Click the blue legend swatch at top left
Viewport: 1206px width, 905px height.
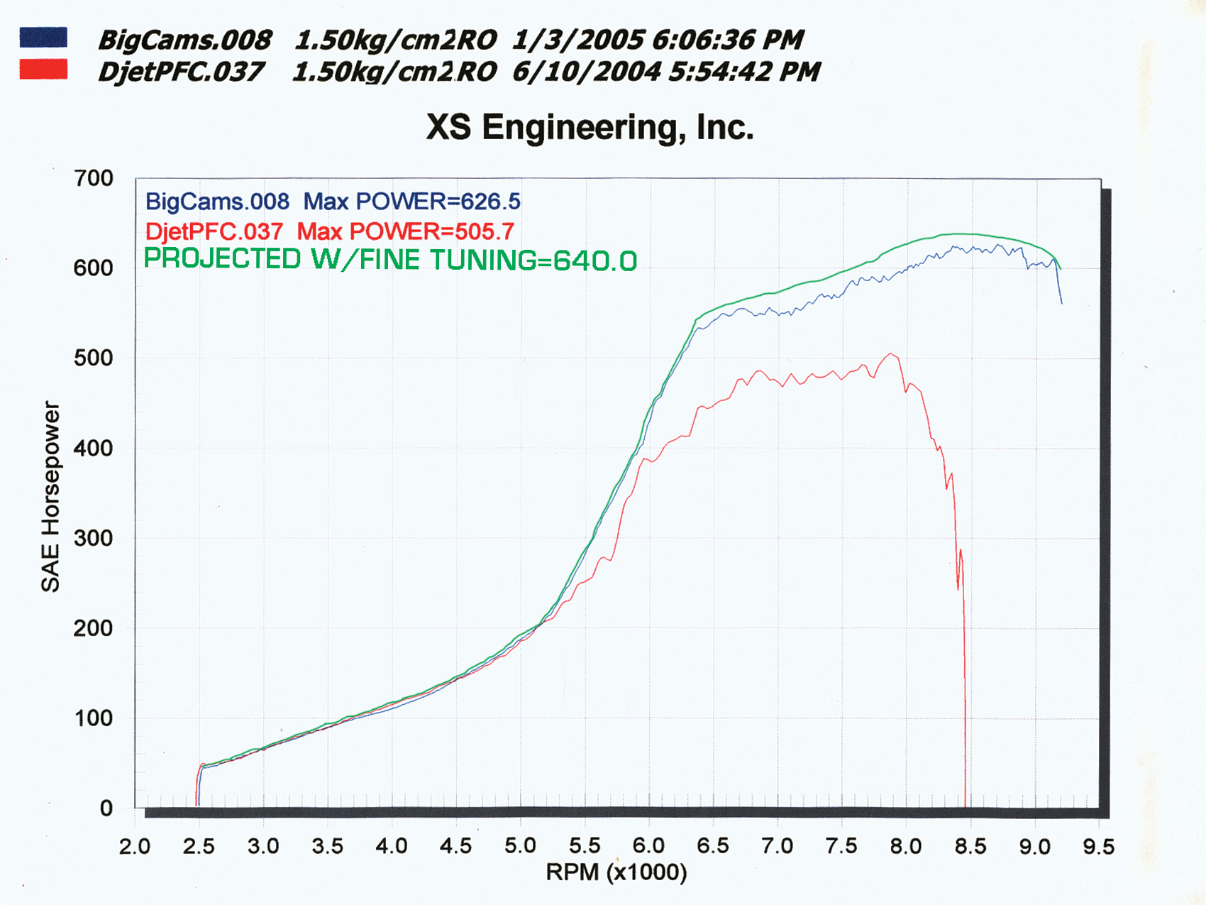pos(43,38)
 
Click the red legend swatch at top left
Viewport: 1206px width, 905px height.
pos(43,70)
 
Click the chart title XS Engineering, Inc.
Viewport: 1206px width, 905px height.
pos(590,128)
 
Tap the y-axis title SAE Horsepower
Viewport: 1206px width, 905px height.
pos(50,497)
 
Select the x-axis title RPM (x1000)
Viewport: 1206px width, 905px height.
pos(616,872)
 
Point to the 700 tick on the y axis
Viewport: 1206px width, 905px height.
pos(94,178)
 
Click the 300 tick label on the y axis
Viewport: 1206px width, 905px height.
pos(94,538)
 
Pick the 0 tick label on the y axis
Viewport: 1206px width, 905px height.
pos(106,808)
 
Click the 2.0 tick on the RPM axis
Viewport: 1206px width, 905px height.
pos(135,847)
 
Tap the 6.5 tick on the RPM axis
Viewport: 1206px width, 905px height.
pos(713,847)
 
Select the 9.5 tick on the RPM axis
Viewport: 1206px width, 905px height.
pos(1098,847)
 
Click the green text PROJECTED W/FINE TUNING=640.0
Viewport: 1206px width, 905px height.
pos(390,260)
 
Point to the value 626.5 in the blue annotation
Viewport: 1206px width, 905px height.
pos(491,202)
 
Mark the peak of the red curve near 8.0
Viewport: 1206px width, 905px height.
pos(891,354)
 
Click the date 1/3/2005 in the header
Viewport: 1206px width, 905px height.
pos(577,40)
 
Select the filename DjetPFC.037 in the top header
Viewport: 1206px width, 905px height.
pos(181,72)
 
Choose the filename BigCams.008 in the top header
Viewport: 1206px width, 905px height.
pos(184,40)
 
